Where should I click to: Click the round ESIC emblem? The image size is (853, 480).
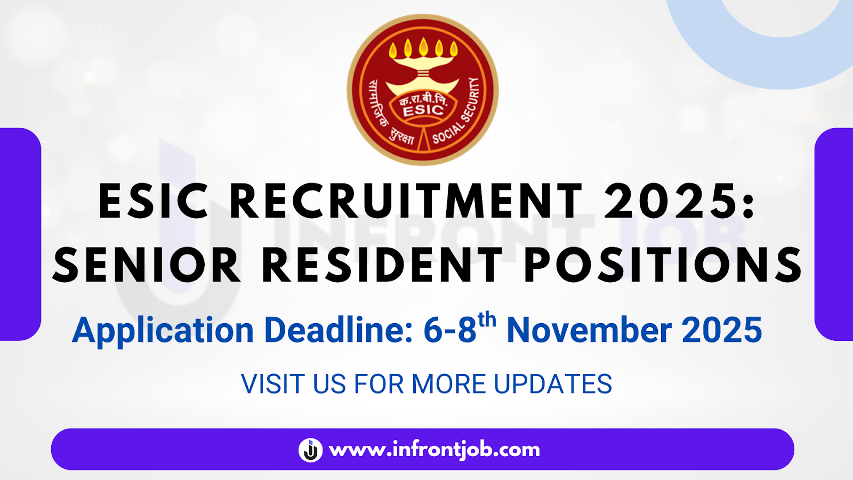click(423, 89)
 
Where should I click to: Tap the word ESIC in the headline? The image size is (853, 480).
click(154, 202)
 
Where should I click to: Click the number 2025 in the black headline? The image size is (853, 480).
click(671, 202)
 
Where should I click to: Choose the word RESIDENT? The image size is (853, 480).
click(382, 265)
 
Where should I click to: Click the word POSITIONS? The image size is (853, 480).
click(663, 265)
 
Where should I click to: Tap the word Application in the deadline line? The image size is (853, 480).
click(163, 331)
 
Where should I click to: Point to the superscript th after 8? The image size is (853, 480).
click(487, 320)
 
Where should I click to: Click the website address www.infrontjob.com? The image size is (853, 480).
click(434, 450)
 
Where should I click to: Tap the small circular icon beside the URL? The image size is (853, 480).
click(310, 450)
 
